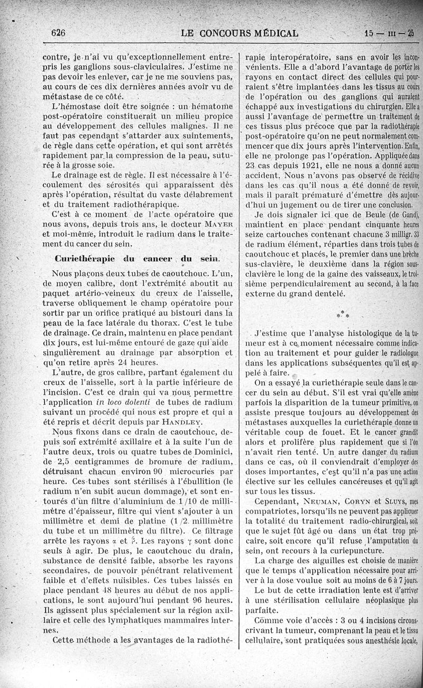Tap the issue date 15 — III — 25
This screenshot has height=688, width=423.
pyautogui.click(x=389, y=32)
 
